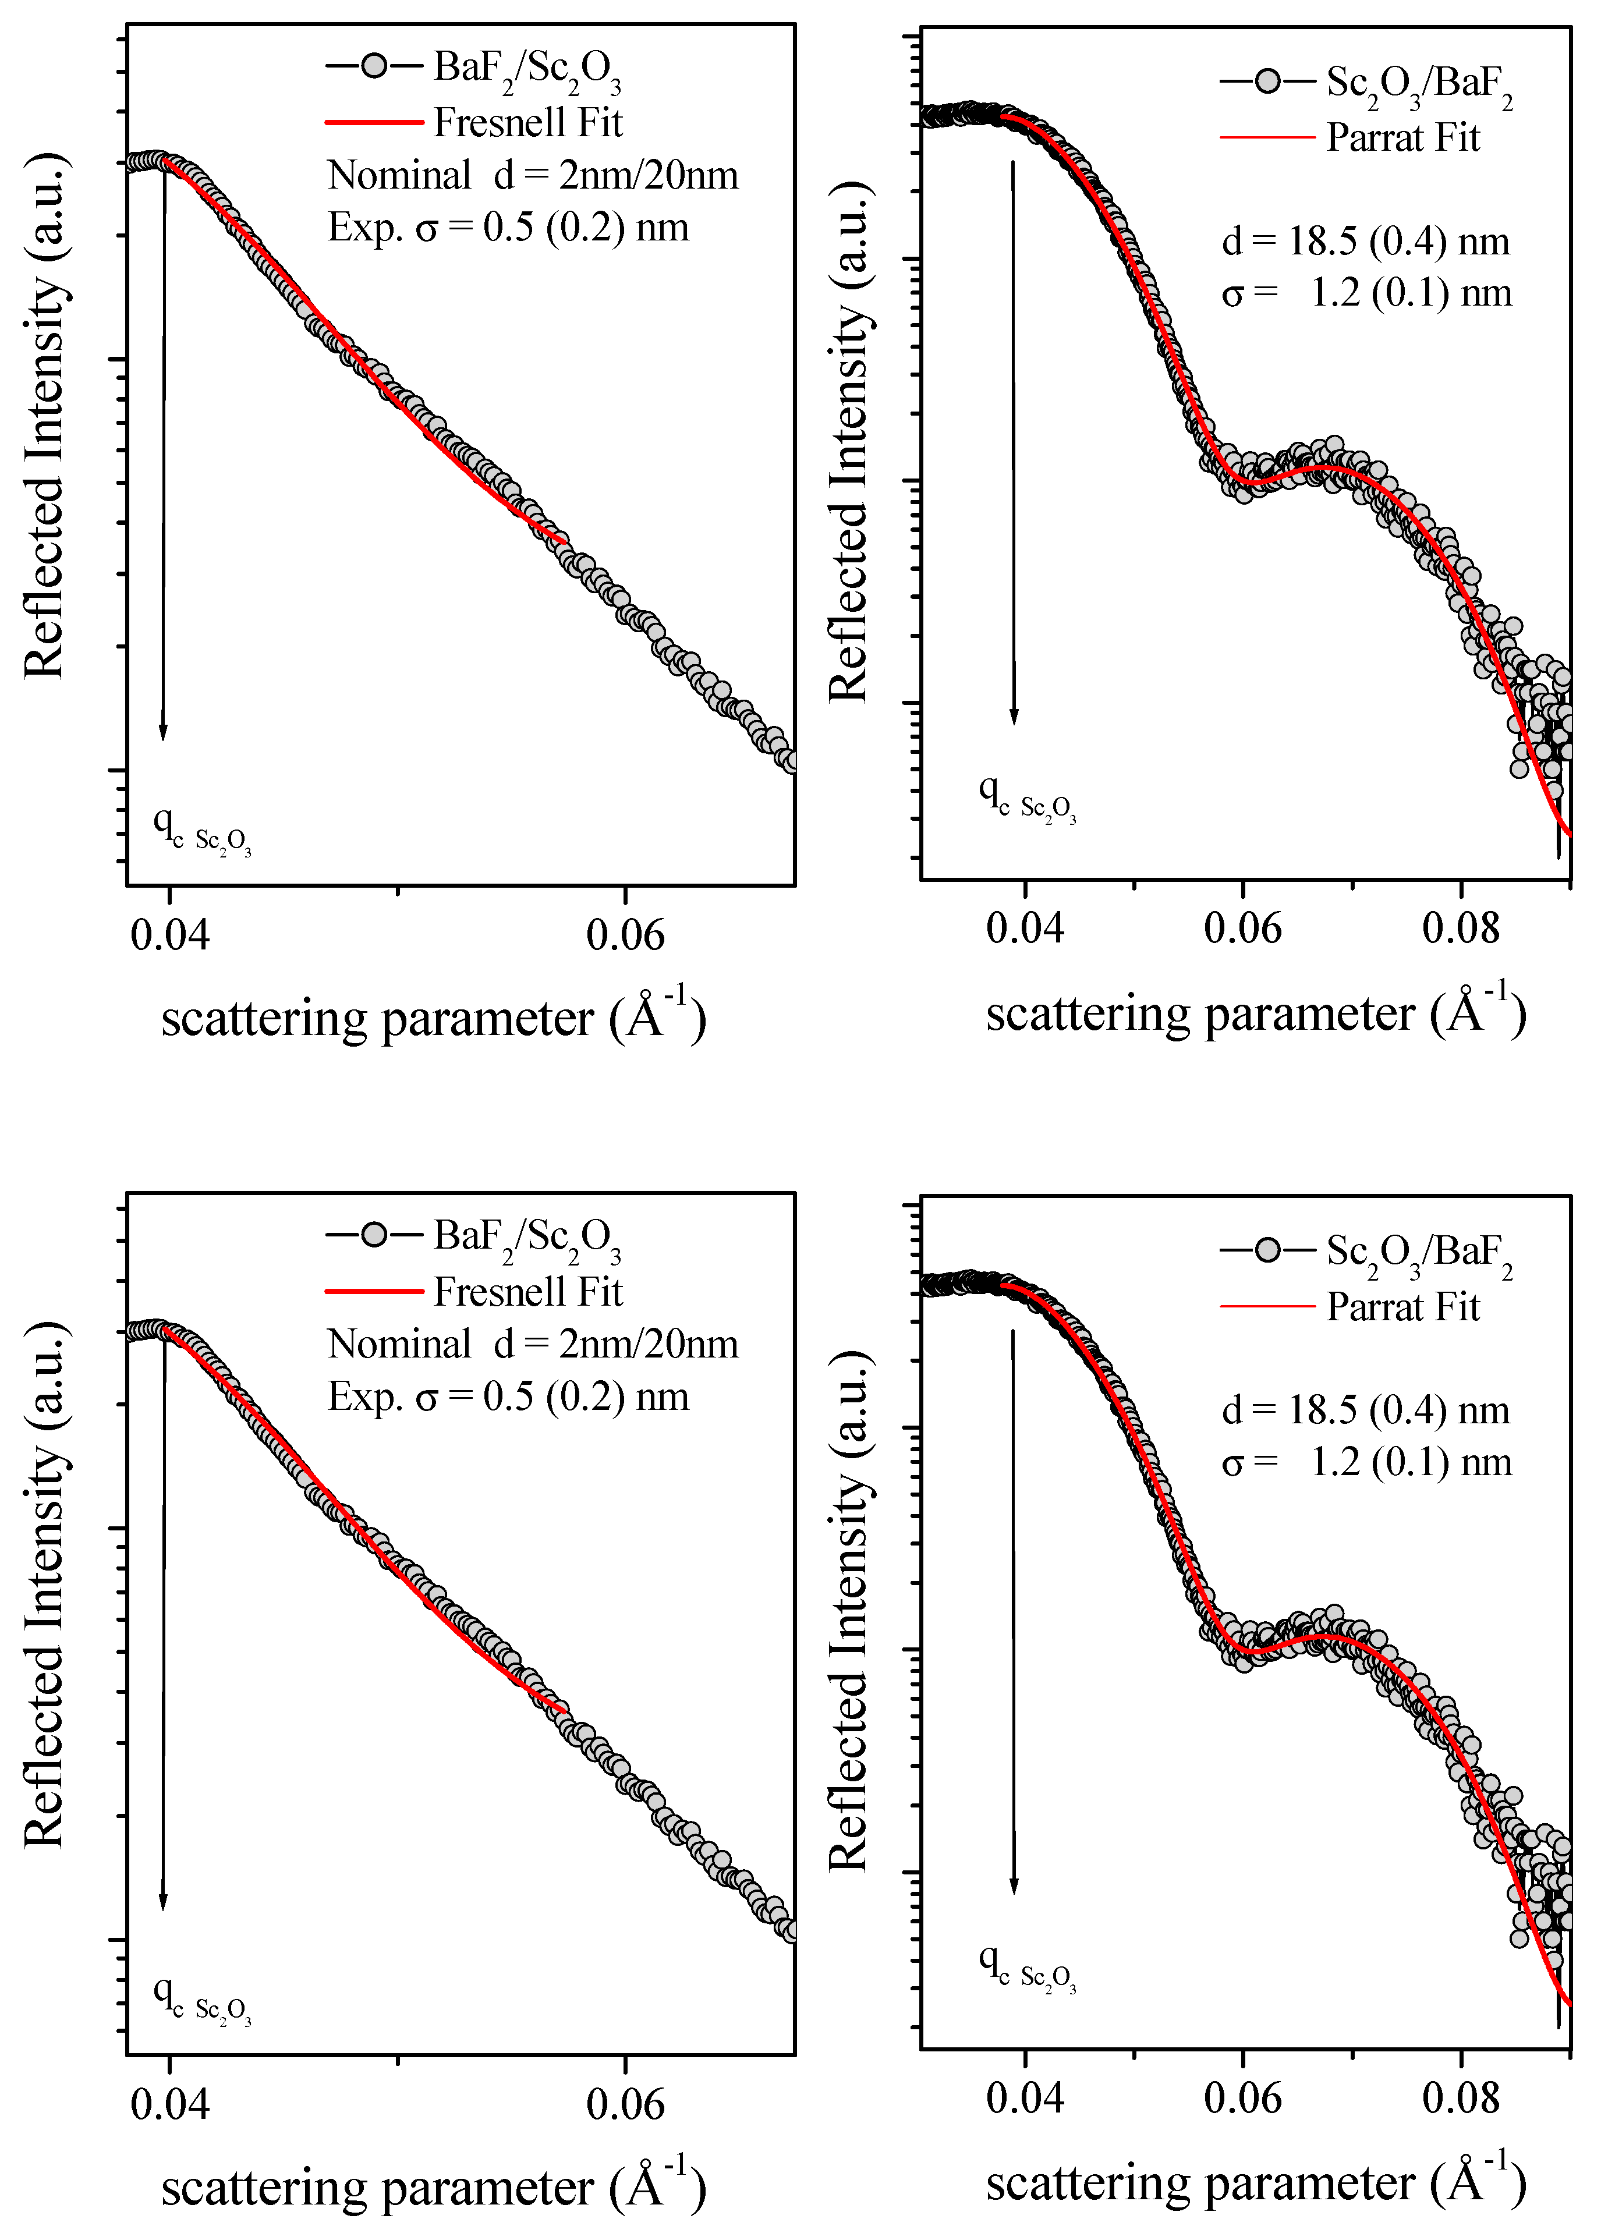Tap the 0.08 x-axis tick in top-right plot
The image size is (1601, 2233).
(x=1460, y=928)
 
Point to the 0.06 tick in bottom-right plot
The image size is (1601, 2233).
(x=1242, y=2098)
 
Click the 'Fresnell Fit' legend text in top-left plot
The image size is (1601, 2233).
(x=528, y=122)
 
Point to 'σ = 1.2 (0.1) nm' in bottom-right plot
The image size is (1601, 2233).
(x=1366, y=1463)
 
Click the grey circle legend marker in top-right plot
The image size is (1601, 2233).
(x=1267, y=81)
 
